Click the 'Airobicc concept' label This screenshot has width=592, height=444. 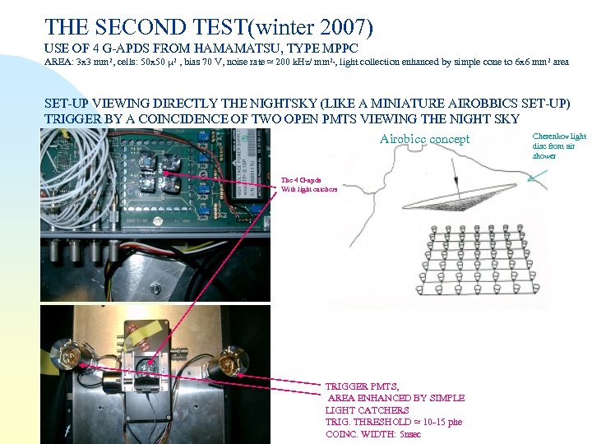[424, 139]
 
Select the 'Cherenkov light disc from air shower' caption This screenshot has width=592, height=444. [559, 146]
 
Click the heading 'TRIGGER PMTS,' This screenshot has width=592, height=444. [362, 386]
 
